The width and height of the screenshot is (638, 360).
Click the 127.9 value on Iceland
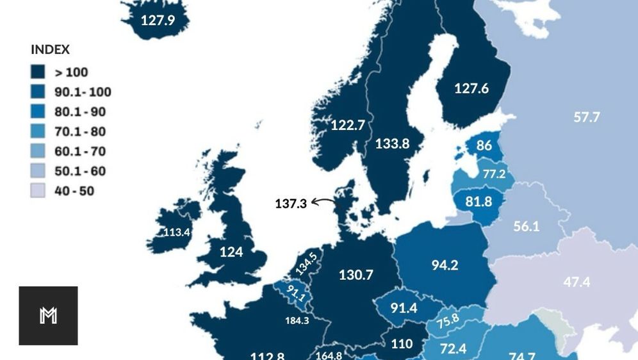tap(158, 20)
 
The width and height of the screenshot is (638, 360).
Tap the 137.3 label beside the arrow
tap(291, 204)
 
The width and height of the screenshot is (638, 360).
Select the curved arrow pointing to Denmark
tap(324, 202)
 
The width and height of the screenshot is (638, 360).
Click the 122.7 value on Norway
tap(347, 126)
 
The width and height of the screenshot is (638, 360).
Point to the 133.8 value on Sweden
tap(392, 144)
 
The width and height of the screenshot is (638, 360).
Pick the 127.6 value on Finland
tap(471, 88)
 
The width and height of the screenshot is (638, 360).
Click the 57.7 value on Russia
tap(587, 117)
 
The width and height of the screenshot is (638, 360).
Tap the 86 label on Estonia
tap(484, 145)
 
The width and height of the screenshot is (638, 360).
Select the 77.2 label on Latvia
tap(494, 174)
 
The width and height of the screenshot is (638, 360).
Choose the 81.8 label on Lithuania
tap(478, 202)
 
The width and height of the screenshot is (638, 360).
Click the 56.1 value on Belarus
tap(526, 226)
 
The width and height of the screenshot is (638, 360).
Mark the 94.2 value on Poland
tap(445, 265)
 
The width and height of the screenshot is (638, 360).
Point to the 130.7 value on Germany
tap(356, 275)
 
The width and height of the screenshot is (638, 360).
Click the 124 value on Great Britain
tap(231, 252)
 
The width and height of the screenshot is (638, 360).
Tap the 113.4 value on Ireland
tap(177, 233)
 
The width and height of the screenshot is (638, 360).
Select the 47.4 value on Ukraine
tap(577, 282)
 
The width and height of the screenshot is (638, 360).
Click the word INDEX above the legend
tap(50, 49)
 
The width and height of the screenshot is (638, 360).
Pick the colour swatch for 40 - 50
tap(38, 191)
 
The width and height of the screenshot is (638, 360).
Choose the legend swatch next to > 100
tap(38, 72)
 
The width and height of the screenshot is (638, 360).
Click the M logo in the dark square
tap(48, 316)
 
